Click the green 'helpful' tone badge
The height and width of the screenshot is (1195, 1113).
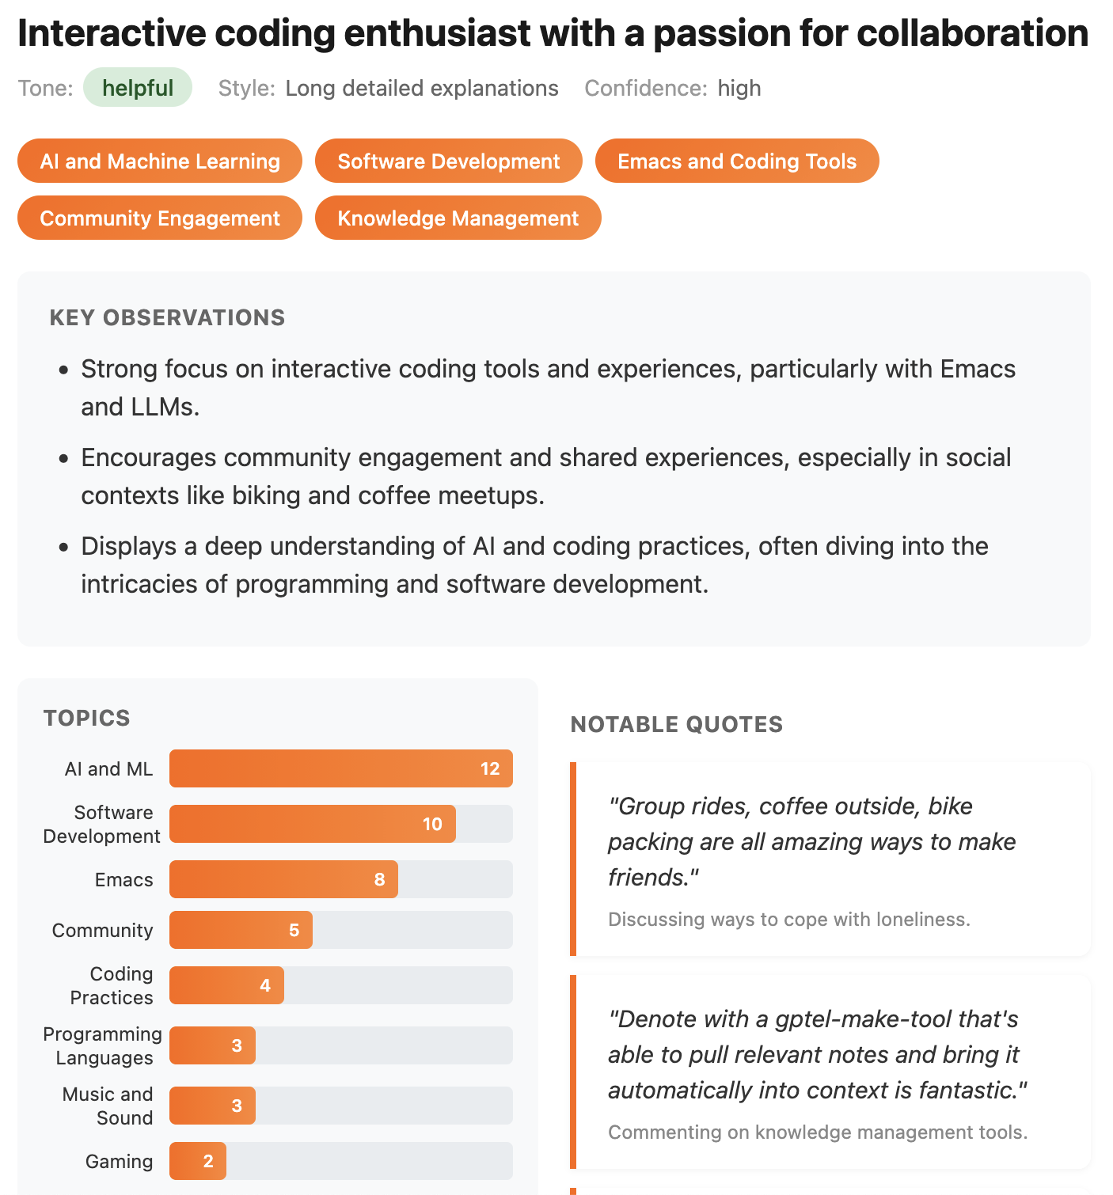[138, 88]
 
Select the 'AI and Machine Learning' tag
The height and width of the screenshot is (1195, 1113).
[160, 161]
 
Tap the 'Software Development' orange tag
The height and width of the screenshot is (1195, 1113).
[449, 161]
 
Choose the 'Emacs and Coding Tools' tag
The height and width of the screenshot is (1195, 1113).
[737, 161]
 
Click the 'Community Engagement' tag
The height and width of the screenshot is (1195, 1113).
[160, 218]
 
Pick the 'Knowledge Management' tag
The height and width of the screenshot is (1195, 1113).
[458, 218]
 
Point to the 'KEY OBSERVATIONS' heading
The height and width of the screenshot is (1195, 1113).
[167, 317]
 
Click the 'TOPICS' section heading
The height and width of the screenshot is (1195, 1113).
[87, 718]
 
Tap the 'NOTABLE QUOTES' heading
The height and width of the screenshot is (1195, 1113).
[677, 724]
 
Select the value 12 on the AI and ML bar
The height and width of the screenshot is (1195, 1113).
[490, 768]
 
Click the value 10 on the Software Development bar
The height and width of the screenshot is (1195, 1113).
[432, 824]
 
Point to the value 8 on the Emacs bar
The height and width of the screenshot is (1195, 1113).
[380, 879]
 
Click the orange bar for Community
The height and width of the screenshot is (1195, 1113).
[241, 930]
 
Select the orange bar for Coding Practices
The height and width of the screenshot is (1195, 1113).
[226, 985]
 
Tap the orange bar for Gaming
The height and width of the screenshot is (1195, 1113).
[198, 1161]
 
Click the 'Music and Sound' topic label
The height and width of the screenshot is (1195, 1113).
[108, 1106]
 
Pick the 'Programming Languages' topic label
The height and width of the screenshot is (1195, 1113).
[103, 1045]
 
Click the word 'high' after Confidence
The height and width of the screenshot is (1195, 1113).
[739, 88]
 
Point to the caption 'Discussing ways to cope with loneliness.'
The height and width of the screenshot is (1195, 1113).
[789, 919]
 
